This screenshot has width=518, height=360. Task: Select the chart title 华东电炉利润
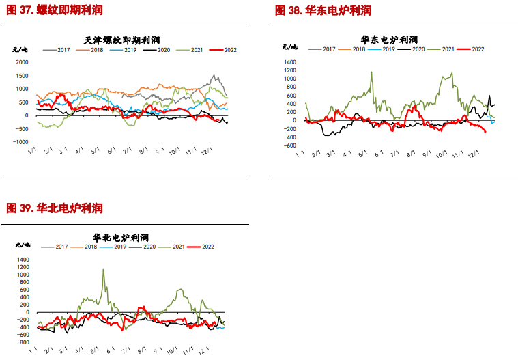point(389,39)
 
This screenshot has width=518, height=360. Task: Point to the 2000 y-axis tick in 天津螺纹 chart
point(22,61)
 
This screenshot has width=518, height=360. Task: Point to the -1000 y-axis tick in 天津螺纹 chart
point(20,142)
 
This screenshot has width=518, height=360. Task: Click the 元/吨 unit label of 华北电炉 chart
point(22,245)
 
